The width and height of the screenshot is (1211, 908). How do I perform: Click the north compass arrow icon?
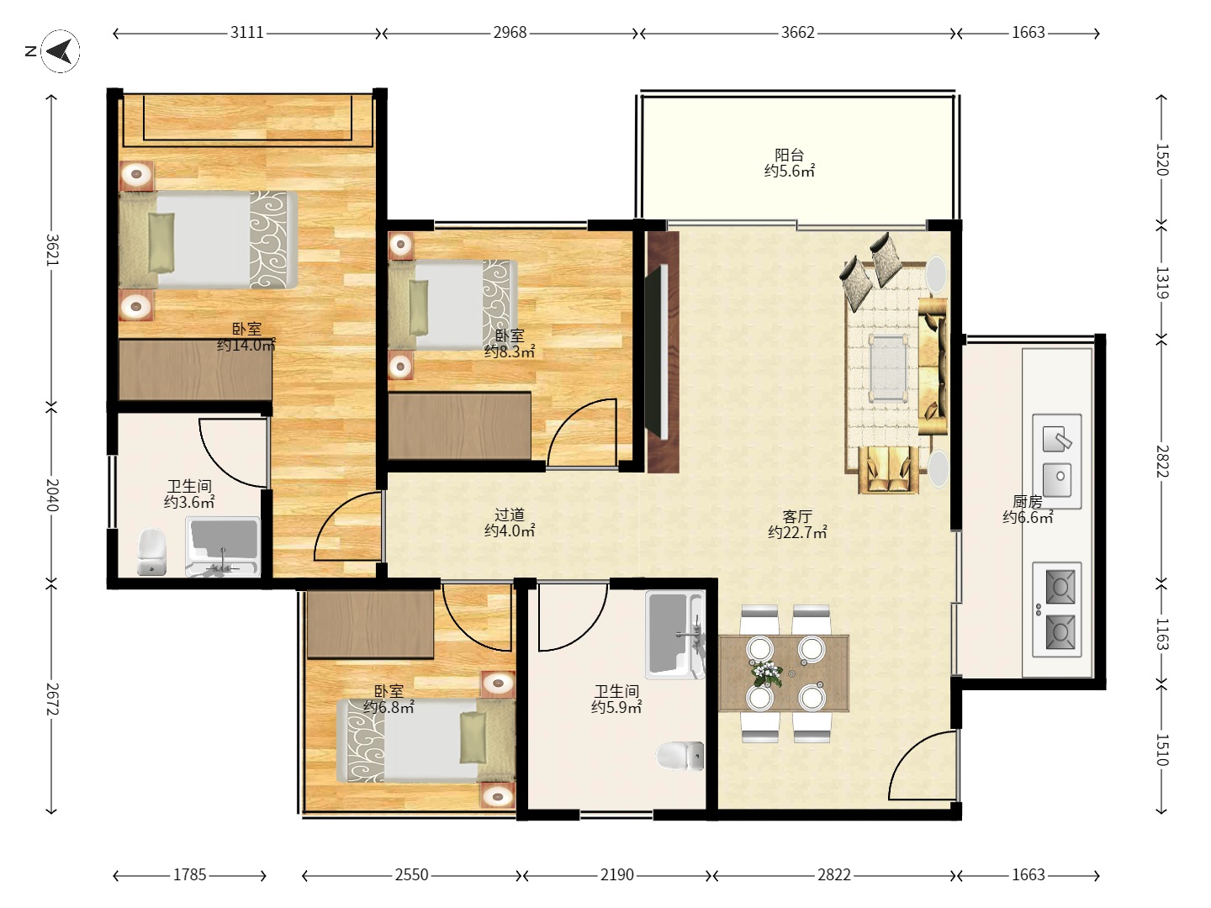(61, 51)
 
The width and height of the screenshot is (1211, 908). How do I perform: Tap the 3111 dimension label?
(246, 33)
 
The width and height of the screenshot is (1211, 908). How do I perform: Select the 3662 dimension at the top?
(798, 33)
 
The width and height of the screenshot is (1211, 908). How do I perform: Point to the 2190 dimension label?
(616, 875)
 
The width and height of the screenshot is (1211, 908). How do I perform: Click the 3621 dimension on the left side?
(52, 250)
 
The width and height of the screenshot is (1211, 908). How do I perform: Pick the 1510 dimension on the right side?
(1162, 750)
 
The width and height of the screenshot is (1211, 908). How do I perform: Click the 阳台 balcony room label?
(789, 155)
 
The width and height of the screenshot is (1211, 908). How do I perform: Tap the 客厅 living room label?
(797, 516)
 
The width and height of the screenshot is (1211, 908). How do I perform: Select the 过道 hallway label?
(509, 515)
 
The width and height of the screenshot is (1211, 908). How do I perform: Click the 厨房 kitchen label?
(1028, 502)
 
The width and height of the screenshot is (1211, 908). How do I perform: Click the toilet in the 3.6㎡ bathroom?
(151, 552)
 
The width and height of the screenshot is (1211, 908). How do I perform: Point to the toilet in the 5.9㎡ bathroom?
(680, 756)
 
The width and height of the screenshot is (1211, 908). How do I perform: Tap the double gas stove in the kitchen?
(1056, 610)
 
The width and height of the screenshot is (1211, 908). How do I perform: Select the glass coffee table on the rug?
(888, 367)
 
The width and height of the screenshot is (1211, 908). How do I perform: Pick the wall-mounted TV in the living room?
(657, 351)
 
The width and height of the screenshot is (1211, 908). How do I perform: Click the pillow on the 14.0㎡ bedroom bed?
(161, 243)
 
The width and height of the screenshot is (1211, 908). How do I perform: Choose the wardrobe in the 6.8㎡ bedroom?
(370, 625)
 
